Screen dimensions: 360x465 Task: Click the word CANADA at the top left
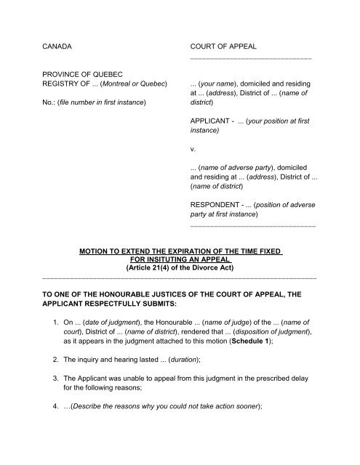(60, 45)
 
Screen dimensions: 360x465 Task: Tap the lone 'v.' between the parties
(192, 149)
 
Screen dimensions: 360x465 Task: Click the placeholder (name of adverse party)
(241, 167)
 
